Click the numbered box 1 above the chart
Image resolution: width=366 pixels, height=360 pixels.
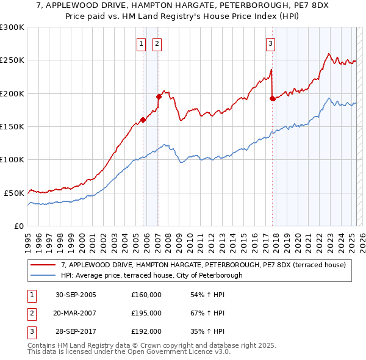pyautogui.click(x=141, y=43)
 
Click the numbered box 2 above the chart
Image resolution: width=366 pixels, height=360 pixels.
pyautogui.click(x=157, y=43)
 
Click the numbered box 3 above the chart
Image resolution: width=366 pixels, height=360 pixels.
pyautogui.click(x=270, y=43)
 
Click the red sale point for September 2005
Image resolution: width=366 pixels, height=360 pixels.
pyautogui.click(x=143, y=120)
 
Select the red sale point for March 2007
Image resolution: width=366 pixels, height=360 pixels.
pyautogui.click(x=159, y=96)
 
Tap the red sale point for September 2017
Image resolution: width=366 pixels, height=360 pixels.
pyautogui.click(x=272, y=98)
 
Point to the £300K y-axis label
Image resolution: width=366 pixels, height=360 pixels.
pyautogui.click(x=12, y=27)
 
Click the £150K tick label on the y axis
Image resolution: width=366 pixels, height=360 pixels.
pyautogui.click(x=12, y=126)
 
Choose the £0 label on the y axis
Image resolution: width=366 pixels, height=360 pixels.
pyautogui.click(x=18, y=226)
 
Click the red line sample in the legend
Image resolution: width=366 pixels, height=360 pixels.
pyautogui.click(x=44, y=265)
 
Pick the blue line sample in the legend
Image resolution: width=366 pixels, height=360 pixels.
pyautogui.click(x=44, y=275)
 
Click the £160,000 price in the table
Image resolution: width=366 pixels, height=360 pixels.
pyautogui.click(x=146, y=295)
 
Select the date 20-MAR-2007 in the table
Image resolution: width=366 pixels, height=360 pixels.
pyautogui.click(x=76, y=313)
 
